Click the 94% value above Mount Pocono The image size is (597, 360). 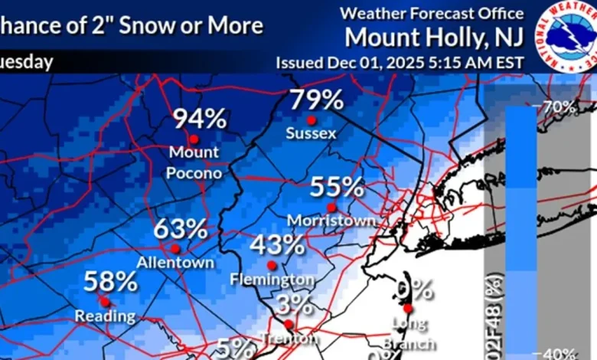click(199, 119)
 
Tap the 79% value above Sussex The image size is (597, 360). click(316, 100)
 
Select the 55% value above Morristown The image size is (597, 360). click(337, 186)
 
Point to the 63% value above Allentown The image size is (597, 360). click(181, 228)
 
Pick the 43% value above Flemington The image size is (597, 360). click(277, 245)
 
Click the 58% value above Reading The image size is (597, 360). click(110, 281)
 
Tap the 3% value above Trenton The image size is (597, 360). click(295, 305)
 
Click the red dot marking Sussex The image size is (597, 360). click(312, 120)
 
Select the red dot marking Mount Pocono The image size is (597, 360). click(194, 139)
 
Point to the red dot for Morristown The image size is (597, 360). click(331, 207)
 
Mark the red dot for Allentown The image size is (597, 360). click(175, 248)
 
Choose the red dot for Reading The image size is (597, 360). click(104, 302)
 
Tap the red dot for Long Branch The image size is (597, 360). click(408, 309)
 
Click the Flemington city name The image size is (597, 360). click(272, 280)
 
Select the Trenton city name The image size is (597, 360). click(289, 338)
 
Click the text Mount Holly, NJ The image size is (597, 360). click(434, 36)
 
